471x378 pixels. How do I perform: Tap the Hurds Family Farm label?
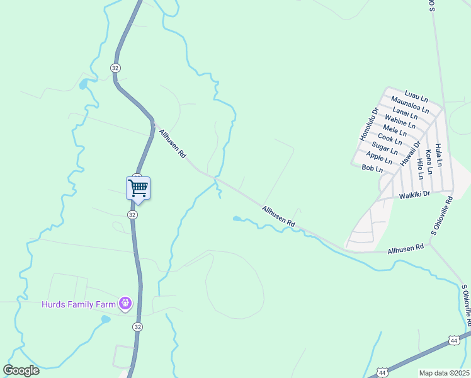coord(79,305)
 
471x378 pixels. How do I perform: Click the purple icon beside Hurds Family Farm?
coord(126,304)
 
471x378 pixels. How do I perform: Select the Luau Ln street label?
coord(416,95)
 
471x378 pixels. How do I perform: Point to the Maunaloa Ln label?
coord(409,104)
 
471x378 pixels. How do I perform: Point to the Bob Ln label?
coord(372,169)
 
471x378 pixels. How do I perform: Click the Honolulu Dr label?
coord(369,123)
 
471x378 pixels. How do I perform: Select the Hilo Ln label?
coord(420,169)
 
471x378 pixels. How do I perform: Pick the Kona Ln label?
coord(429,161)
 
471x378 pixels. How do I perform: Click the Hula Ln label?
coord(439,154)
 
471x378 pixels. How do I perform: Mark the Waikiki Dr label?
coord(414,195)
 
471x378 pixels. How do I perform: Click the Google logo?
coord(21,370)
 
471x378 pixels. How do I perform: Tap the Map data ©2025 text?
coord(444,373)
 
